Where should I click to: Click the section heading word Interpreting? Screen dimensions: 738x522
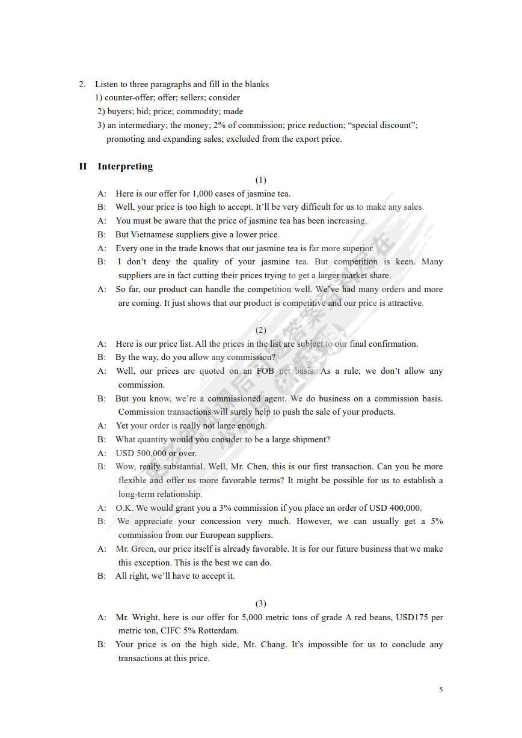(125, 166)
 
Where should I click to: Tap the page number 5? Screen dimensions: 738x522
(441, 689)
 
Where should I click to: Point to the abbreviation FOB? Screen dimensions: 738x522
(265, 371)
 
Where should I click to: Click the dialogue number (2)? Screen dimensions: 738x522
(260, 330)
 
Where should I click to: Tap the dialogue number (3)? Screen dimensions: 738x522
(260, 603)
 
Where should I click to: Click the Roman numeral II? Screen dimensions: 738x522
(83, 166)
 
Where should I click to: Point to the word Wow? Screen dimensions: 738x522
(126, 466)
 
